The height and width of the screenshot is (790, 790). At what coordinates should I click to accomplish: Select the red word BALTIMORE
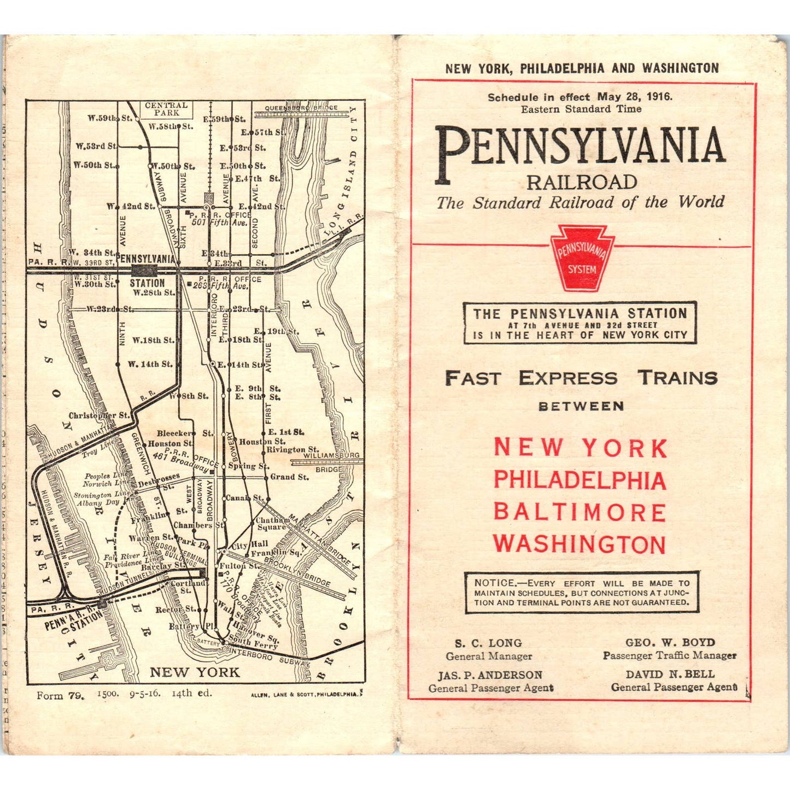(580, 513)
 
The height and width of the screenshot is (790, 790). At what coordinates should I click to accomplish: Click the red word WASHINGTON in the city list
(580, 545)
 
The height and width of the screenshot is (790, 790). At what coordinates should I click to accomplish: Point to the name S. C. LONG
(488, 643)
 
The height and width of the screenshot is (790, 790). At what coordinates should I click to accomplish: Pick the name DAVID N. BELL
(670, 674)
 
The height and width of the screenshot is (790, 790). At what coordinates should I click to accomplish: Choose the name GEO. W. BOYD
(670, 642)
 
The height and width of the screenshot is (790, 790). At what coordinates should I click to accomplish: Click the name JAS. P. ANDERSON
(490, 675)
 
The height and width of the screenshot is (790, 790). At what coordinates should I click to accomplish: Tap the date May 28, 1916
(635, 97)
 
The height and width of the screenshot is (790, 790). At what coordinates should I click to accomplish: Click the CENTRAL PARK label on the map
(166, 109)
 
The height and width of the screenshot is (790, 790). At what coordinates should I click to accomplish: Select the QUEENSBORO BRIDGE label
(301, 108)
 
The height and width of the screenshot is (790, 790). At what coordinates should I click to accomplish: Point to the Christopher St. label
(99, 416)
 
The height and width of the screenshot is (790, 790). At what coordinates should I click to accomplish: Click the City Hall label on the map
(250, 544)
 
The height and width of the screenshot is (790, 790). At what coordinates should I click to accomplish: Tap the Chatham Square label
(272, 523)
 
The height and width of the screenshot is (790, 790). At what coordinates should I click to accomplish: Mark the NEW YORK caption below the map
(195, 672)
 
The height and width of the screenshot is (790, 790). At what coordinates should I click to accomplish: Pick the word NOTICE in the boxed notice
(495, 583)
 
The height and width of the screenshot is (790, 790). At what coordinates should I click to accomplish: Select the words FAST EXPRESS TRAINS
(581, 378)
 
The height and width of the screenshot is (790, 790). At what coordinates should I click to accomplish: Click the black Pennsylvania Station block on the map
(144, 270)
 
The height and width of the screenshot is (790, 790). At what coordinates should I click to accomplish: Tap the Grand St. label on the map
(289, 477)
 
